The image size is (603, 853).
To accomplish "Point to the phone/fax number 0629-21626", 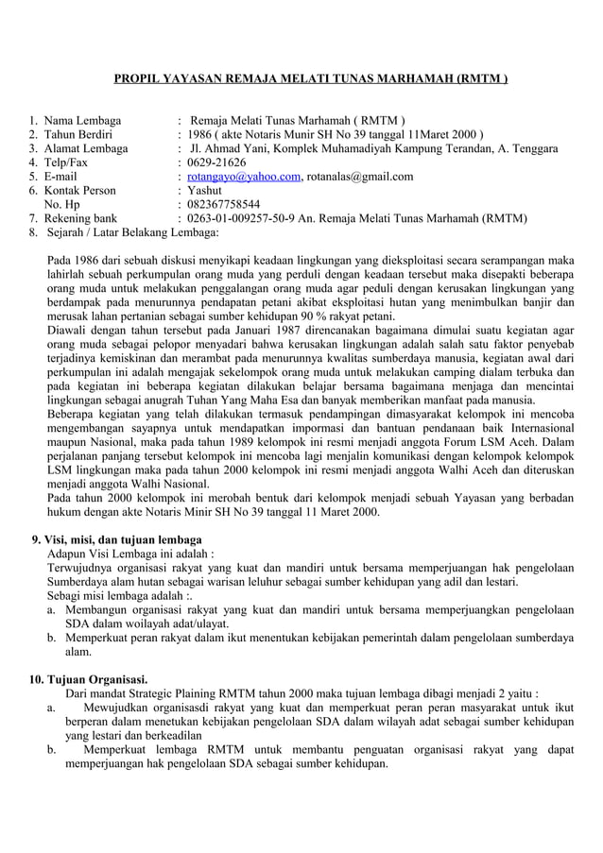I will click(x=216, y=162).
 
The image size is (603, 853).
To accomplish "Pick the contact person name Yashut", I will click(x=205, y=190).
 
